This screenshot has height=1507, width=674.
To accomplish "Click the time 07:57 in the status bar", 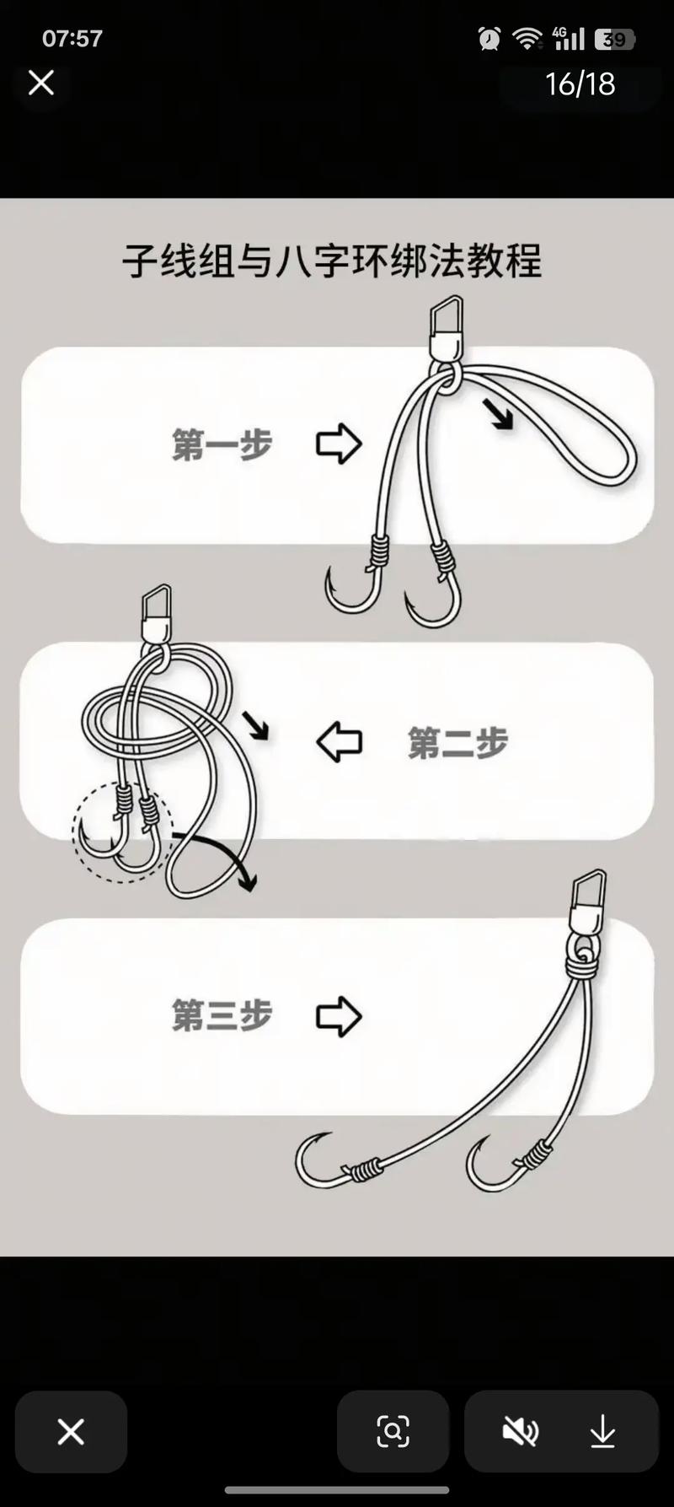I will [72, 39].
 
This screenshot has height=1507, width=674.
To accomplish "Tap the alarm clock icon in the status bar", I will [489, 39].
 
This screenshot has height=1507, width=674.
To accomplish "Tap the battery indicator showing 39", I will [615, 40].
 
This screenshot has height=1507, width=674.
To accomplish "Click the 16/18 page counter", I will [580, 83].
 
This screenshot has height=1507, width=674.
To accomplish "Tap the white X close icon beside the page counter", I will [41, 83].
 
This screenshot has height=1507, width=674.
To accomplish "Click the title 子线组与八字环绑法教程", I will [332, 261].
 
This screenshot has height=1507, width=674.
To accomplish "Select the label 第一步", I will [222, 444].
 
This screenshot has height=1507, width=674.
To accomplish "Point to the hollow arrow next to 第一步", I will [339, 444].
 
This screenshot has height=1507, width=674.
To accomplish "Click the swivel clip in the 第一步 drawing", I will [446, 328].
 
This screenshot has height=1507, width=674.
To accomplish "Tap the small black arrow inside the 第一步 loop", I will [498, 415].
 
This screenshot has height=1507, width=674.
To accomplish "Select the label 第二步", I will [457, 743].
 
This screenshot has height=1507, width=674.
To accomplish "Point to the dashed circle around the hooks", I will [122, 832].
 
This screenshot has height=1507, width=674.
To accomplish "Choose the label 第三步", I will [222, 1015].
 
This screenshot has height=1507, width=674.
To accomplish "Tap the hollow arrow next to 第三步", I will [339, 1015].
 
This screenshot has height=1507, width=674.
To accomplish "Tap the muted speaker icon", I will [520, 1431].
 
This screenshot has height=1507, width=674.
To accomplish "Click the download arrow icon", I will [602, 1431].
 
